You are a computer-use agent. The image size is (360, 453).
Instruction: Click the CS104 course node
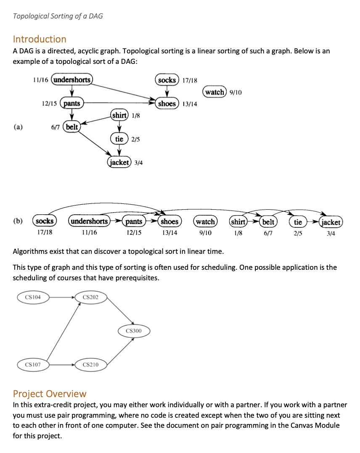coord(33,298)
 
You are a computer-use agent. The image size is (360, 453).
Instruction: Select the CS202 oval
coord(91,298)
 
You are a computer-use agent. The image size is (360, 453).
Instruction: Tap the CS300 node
coord(134,331)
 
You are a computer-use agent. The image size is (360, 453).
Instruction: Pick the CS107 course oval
coord(33,364)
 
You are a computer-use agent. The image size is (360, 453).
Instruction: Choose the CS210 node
coord(91,364)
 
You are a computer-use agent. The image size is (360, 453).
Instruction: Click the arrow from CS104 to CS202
coord(62,298)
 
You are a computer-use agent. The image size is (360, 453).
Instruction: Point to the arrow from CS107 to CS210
coord(62,364)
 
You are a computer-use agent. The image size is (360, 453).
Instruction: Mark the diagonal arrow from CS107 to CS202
coord(63,331)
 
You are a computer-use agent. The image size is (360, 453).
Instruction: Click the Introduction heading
coord(40,39)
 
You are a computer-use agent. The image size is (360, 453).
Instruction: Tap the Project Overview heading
coord(50,394)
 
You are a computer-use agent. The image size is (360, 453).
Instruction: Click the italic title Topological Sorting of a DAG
coord(58,16)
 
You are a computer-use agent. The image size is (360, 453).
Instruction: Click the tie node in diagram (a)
coord(119,139)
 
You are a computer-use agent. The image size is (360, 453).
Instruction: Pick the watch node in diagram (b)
coord(205,221)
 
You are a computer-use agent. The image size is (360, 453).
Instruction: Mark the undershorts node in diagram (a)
coord(72,79)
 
